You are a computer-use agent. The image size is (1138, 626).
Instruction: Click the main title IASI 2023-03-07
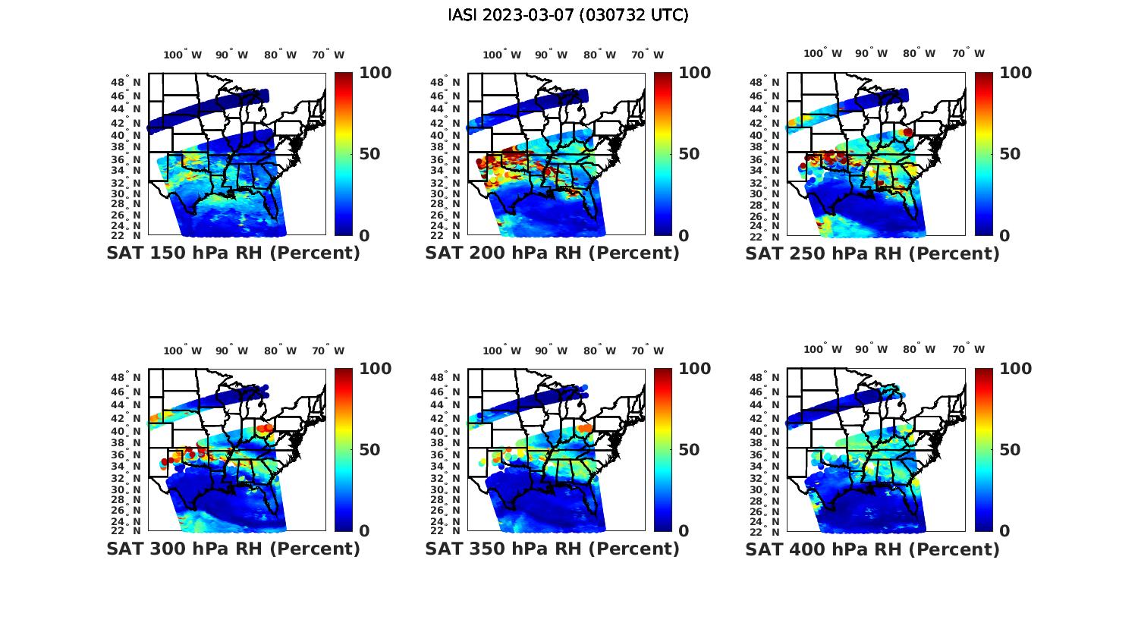(x=568, y=15)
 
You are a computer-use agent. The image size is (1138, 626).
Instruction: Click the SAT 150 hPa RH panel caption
(x=233, y=253)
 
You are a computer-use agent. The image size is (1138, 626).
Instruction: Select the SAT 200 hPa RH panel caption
(x=552, y=253)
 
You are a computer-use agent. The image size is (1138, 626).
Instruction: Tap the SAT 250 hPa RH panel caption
(x=872, y=253)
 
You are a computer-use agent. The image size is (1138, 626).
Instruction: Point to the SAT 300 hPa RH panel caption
(x=233, y=549)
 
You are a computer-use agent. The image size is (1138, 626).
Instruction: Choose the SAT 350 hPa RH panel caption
(x=552, y=549)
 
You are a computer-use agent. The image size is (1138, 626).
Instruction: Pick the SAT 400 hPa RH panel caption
(x=872, y=549)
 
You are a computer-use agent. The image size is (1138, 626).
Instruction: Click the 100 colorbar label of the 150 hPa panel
(x=376, y=73)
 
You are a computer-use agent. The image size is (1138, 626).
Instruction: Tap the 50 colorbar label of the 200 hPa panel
(x=689, y=154)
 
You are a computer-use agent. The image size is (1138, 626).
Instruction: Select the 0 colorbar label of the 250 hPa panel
(x=1005, y=236)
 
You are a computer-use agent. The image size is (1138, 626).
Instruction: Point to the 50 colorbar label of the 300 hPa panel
(x=369, y=450)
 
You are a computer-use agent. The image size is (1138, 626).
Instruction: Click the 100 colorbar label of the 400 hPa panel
(x=1016, y=369)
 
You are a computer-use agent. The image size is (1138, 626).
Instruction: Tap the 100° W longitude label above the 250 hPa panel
(x=822, y=53)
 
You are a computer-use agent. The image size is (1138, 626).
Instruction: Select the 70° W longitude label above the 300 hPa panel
(x=328, y=351)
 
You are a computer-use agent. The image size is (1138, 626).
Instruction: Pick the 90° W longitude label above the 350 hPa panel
(x=551, y=351)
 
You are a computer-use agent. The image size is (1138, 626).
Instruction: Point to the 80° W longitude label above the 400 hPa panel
(x=919, y=349)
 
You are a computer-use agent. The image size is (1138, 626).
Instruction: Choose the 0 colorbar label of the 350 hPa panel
(x=684, y=531)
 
